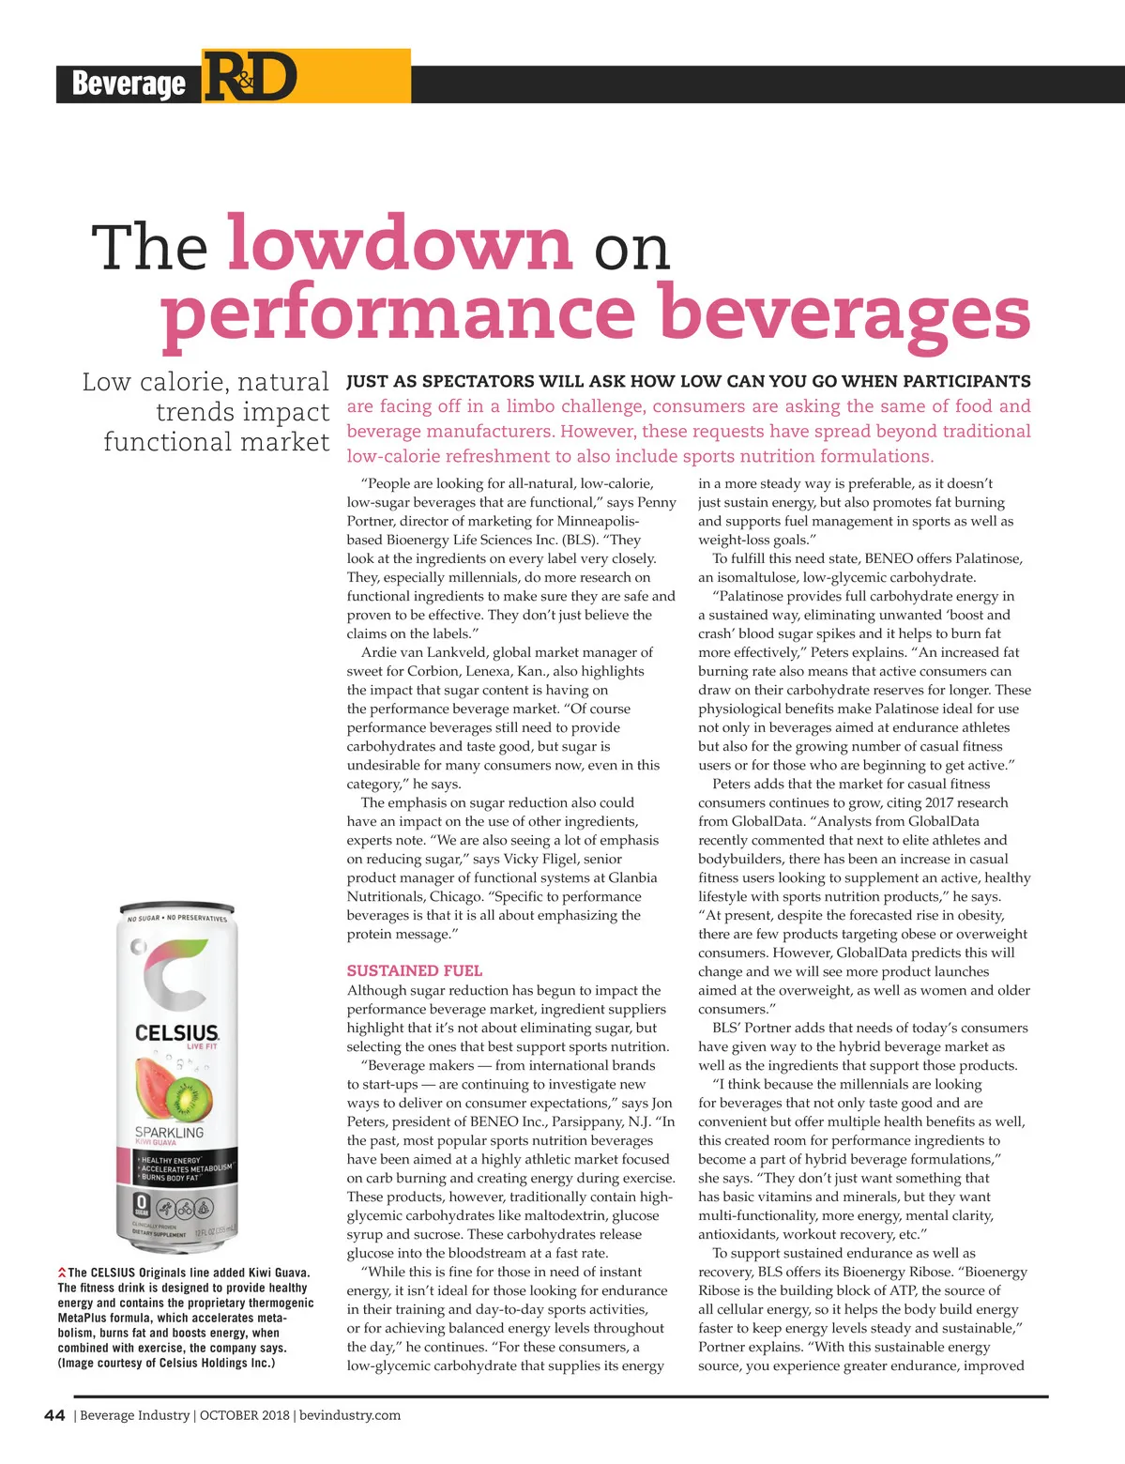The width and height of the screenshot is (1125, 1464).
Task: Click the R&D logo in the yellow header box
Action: coord(251,77)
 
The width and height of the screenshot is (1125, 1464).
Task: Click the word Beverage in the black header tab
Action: coord(129,84)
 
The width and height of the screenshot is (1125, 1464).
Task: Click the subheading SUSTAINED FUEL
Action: coord(414,970)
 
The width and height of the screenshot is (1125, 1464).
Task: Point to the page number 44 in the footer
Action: coord(54,1415)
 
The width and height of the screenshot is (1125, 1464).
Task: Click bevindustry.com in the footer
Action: coord(350,1415)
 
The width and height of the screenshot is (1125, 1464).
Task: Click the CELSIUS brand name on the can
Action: coord(176,1033)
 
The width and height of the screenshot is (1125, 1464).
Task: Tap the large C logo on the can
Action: coord(176,977)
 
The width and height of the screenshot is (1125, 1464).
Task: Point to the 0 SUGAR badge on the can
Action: coord(142,1206)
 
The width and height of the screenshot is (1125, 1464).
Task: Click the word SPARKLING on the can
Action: coord(169,1132)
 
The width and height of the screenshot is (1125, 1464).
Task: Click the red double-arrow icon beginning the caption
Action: coord(62,1273)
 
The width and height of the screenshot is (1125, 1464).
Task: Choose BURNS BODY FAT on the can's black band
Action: coord(171,1178)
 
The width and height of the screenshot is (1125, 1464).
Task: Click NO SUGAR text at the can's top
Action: coord(144,917)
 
